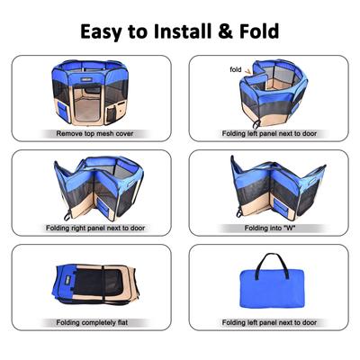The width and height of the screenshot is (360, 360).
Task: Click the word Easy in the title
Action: tap(105, 31)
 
